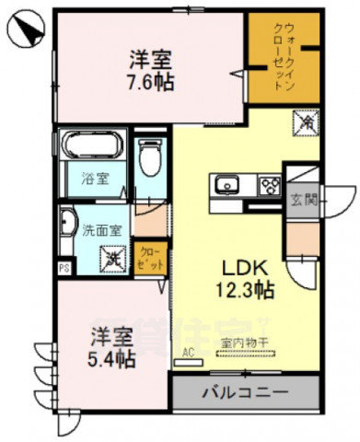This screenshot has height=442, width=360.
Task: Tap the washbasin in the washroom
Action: point(68,223)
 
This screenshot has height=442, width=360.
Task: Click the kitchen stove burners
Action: point(270,185)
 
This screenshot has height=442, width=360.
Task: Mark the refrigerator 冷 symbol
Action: point(305,121)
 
